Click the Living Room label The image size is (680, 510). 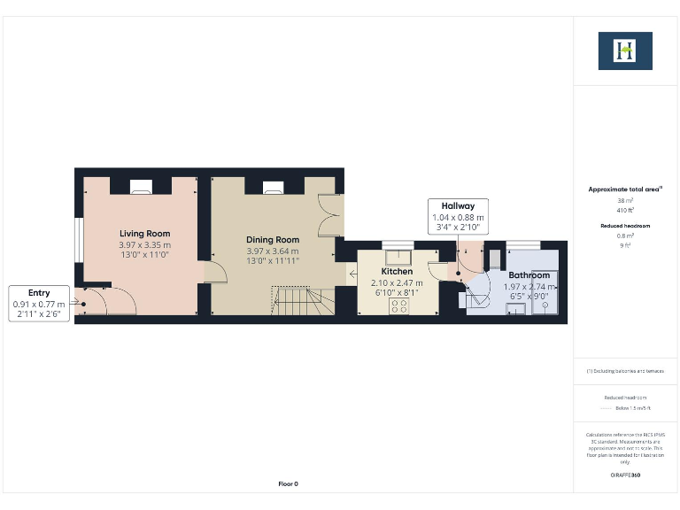pos(145,234)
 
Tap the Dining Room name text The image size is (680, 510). pos(273,239)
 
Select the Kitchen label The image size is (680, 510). pos(397,271)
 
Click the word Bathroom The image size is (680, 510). pos(529,275)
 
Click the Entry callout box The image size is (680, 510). pos(39,303)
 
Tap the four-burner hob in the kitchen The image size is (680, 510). pos(399,305)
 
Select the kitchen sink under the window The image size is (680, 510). pos(398,257)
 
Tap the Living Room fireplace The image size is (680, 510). pos(141,187)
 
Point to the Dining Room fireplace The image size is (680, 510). pos(273,187)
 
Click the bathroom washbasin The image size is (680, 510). pos(496,259)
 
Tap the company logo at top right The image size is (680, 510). pos(625,50)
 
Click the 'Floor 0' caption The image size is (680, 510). pos(289,484)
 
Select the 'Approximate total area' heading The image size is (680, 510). pos(625,189)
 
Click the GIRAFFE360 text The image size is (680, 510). pos(625,475)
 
